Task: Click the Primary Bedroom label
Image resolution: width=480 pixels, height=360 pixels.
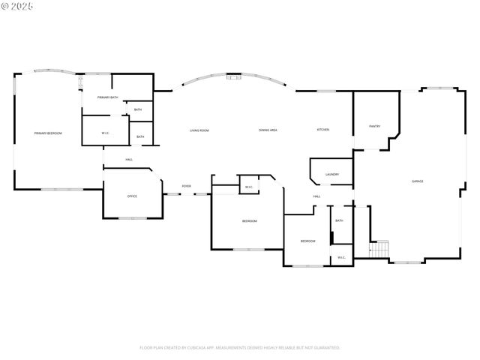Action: (x=47, y=133)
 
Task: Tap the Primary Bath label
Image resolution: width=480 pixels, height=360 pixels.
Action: (x=107, y=97)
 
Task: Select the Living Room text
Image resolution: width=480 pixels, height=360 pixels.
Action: (x=199, y=130)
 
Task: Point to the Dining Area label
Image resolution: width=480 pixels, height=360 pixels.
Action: (x=268, y=130)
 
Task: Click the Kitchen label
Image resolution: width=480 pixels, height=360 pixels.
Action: (x=322, y=130)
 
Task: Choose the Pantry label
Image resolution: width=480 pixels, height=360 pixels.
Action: (x=374, y=126)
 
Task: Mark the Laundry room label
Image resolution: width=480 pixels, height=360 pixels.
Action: (x=332, y=175)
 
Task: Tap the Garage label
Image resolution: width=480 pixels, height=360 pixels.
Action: (x=417, y=181)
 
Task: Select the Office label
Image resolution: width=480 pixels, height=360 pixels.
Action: (x=132, y=196)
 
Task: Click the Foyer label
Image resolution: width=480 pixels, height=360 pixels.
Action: (x=186, y=186)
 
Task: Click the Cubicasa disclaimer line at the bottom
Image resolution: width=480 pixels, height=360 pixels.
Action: (x=240, y=348)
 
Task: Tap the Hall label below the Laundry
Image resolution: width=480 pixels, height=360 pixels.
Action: (x=317, y=196)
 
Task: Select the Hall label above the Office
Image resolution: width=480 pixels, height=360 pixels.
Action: (x=129, y=160)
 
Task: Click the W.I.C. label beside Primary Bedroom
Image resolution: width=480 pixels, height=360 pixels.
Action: (x=106, y=133)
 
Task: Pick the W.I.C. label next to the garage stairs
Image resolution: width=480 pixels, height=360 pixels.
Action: (x=340, y=257)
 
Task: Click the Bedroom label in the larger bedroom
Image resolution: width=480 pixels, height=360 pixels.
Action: (x=249, y=221)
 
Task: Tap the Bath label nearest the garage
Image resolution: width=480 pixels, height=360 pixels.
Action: (x=339, y=220)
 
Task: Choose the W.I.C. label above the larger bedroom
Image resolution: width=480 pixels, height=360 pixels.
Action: (x=248, y=187)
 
